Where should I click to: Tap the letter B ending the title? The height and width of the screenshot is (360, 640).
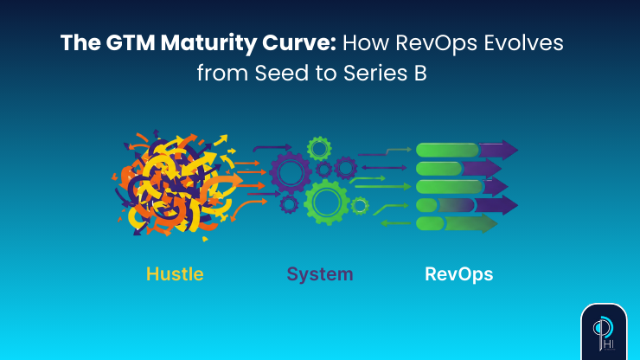(x=420, y=74)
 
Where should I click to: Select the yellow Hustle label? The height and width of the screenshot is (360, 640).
(x=175, y=274)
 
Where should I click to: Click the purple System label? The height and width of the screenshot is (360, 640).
(x=320, y=274)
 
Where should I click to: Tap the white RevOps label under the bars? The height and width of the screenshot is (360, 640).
(x=459, y=274)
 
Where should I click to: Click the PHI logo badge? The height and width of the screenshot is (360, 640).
(x=603, y=330)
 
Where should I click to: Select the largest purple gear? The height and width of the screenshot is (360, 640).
(x=291, y=171)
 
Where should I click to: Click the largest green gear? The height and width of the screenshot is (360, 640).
(x=326, y=202)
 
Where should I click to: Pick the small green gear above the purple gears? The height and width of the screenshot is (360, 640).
(x=319, y=148)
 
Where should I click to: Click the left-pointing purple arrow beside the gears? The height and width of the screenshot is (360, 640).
(x=372, y=167)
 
